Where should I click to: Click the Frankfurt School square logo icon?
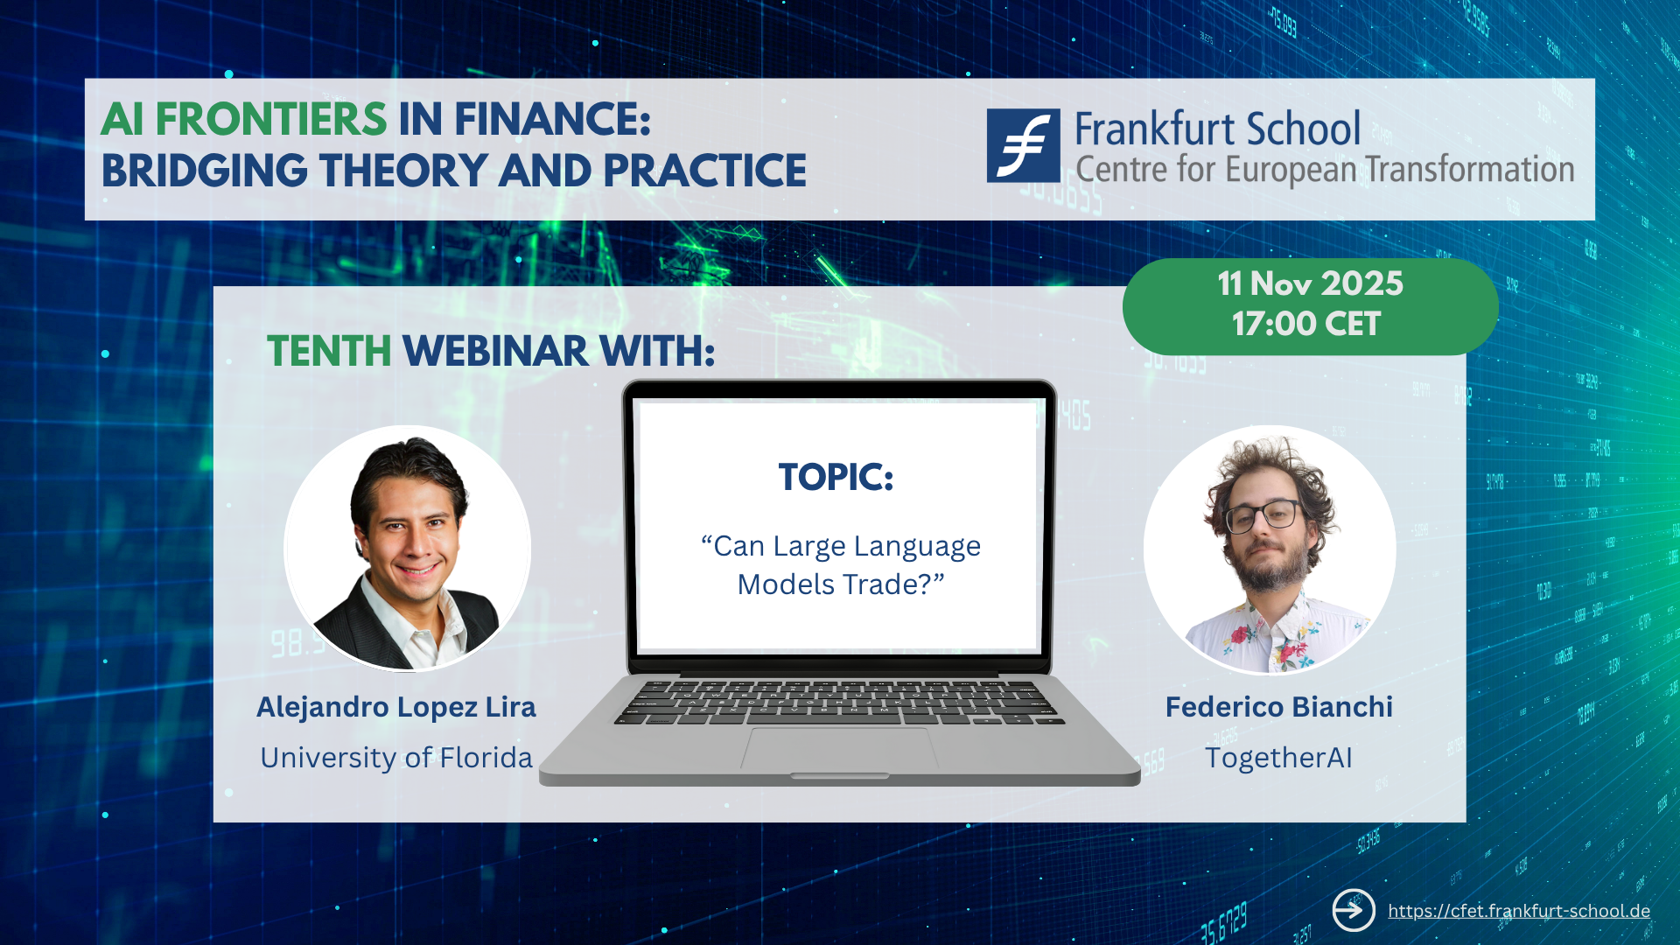pos(1023,145)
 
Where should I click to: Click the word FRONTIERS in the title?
pos(271,119)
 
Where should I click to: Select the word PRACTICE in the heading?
pos(704,171)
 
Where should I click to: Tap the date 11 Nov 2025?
pos(1310,283)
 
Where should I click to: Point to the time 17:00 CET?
pos(1305,325)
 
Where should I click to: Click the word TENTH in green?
pos(329,351)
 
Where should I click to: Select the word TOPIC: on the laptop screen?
pos(836,477)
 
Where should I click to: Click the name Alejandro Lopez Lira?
pos(396,707)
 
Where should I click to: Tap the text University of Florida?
pos(396,758)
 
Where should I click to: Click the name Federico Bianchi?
pos(1278,707)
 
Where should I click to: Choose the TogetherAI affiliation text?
pos(1278,758)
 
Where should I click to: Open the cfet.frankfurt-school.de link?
pos(1519,911)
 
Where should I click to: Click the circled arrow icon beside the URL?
pos(1354,911)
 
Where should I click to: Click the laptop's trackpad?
pos(839,750)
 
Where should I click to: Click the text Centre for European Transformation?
pos(1325,170)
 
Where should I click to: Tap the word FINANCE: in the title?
pos(553,119)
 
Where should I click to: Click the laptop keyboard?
pos(839,702)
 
